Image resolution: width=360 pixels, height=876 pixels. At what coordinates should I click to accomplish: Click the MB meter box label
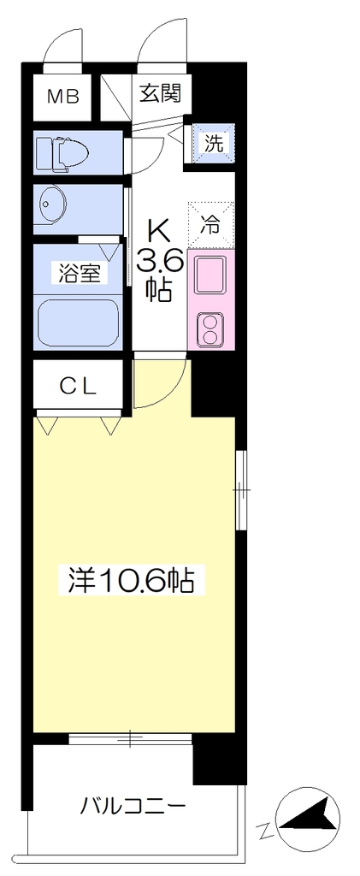click(63, 96)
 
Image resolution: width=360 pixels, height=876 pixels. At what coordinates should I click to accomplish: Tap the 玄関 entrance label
click(159, 93)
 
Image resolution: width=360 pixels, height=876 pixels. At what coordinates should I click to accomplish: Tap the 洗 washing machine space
click(213, 144)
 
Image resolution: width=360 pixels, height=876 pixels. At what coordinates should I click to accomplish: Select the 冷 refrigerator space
click(210, 225)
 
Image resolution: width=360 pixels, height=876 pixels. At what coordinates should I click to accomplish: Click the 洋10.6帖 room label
click(131, 581)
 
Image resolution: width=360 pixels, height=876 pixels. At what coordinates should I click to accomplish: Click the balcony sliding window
click(130, 738)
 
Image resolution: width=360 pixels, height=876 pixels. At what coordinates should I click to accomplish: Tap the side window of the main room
click(240, 489)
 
